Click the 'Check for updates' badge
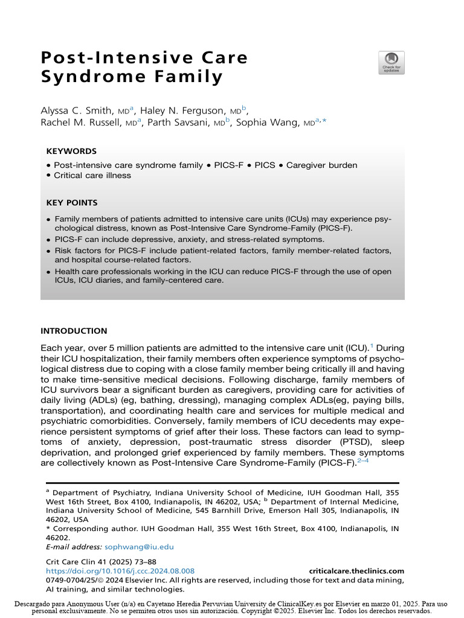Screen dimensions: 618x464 [391, 63]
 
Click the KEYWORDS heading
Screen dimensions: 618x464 [71, 151]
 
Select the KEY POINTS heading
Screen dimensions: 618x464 [72, 203]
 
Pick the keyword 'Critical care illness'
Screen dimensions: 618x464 [92, 176]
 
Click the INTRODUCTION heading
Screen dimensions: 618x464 [74, 331]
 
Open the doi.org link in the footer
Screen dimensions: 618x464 [120, 571]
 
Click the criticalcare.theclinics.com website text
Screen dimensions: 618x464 [356, 571]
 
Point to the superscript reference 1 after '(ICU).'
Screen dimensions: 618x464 [372, 345]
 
